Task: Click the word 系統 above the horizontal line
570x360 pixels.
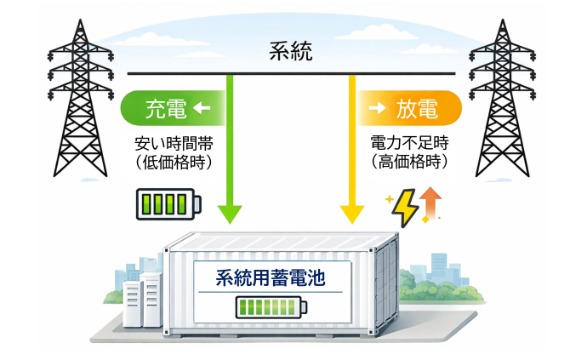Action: [x=290, y=52]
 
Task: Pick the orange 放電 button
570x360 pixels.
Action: [x=409, y=108]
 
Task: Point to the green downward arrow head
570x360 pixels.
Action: [x=230, y=212]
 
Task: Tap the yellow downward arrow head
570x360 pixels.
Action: [x=350, y=212]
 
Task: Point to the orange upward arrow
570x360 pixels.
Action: [x=430, y=204]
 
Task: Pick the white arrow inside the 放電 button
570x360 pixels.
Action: [x=376, y=108]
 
